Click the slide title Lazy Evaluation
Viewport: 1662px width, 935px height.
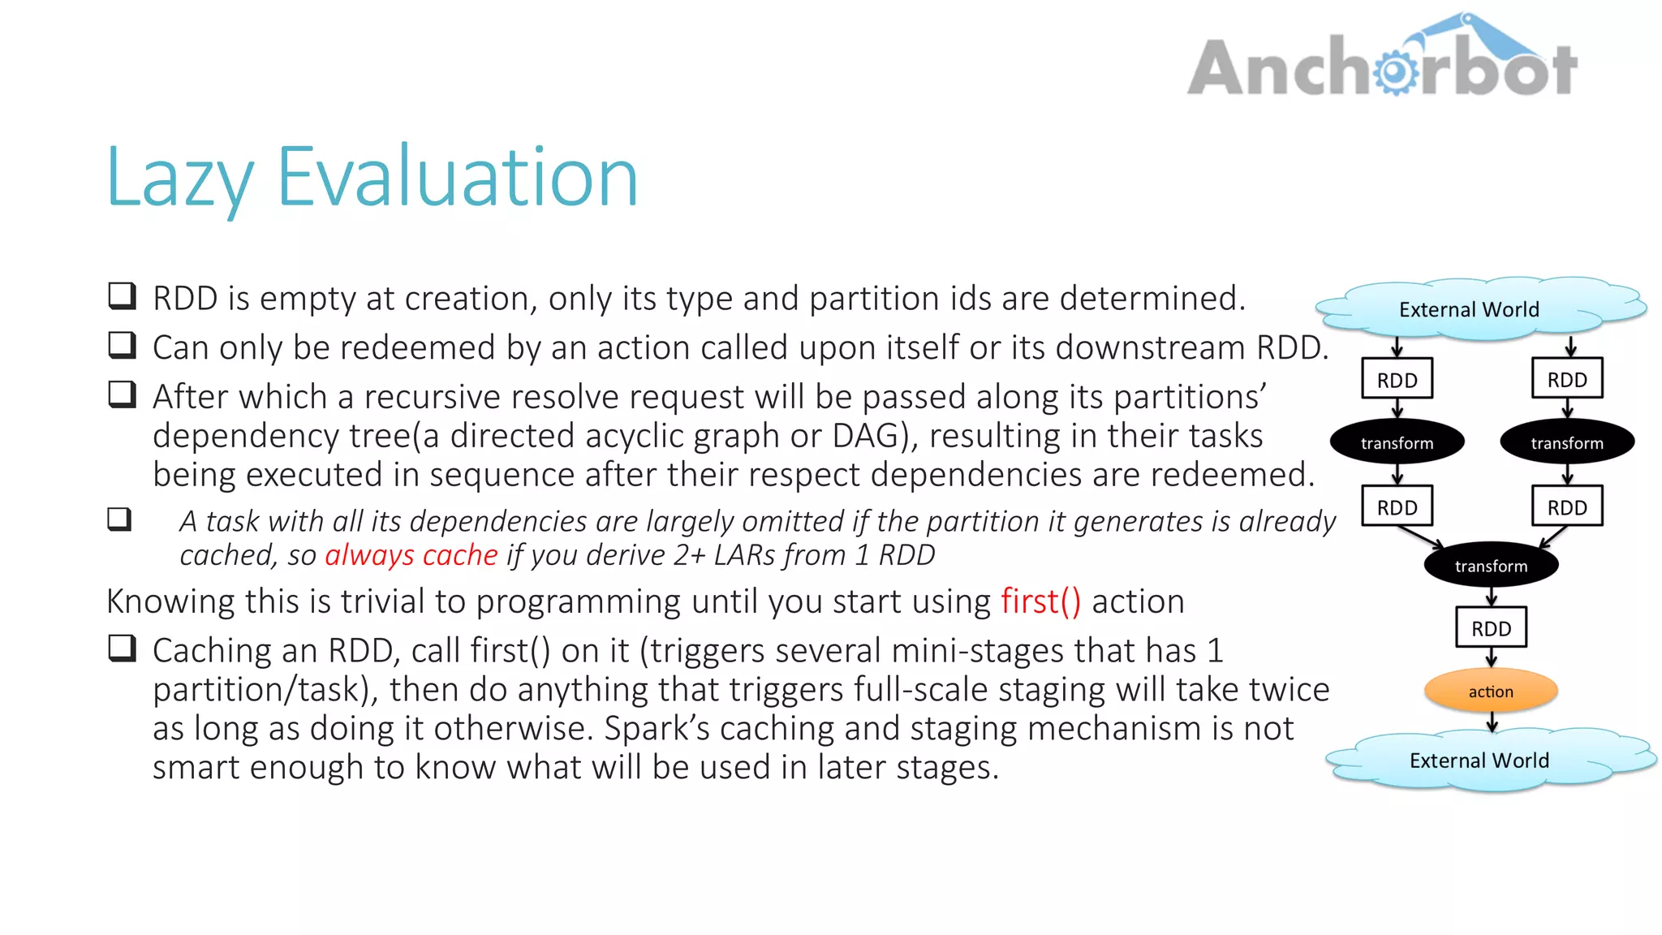[372, 177]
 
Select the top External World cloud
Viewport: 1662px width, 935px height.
[1469, 309]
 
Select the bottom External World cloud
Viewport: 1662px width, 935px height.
[1479, 760]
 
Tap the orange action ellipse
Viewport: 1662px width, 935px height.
[1491, 692]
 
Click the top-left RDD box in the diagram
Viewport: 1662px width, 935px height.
[1397, 380]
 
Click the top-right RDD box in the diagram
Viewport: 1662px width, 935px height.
[1567, 380]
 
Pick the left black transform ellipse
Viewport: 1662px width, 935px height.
[1397, 443]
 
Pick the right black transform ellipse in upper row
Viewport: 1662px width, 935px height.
[1567, 443]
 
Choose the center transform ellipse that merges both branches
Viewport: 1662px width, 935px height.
[1491, 566]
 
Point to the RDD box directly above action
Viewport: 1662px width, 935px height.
[1491, 628]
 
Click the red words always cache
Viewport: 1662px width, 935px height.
[411, 555]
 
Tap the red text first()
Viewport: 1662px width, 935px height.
[1040, 601]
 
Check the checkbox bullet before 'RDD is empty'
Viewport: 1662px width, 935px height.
[122, 296]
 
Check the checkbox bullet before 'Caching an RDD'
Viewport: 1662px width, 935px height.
[122, 648]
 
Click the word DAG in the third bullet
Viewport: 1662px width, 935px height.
[865, 436]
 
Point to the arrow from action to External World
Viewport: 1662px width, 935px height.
[1492, 722]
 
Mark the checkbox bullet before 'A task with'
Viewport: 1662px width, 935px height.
[119, 519]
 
